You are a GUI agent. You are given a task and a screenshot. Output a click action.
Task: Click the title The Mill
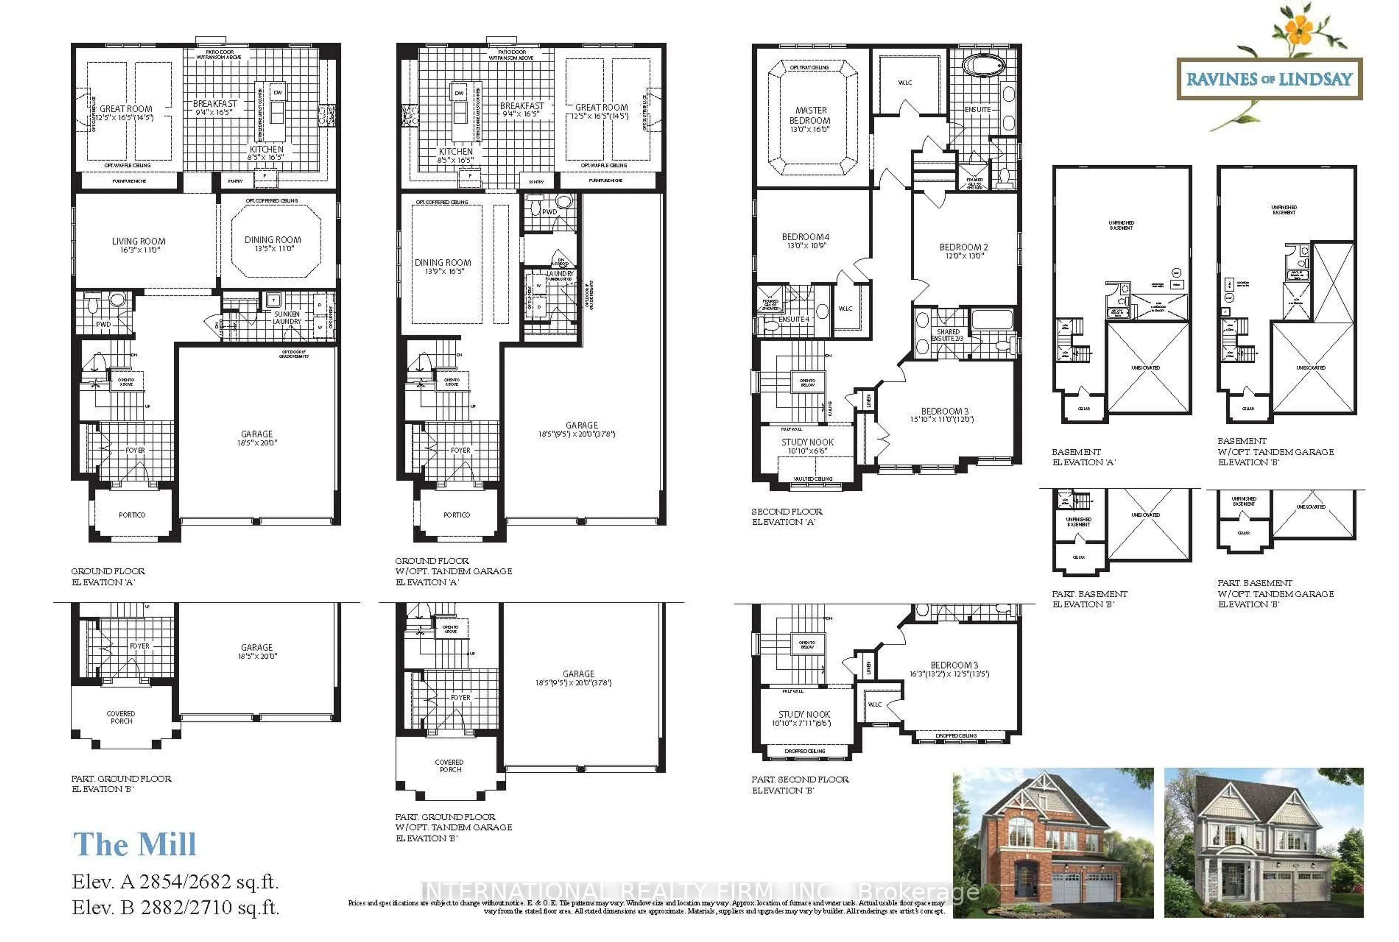point(134,845)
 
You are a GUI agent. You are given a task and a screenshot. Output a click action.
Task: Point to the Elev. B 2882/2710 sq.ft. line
point(176,907)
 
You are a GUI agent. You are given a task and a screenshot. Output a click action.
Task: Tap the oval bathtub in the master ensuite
point(983,65)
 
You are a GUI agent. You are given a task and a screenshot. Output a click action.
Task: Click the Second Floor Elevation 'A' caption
point(787,517)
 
